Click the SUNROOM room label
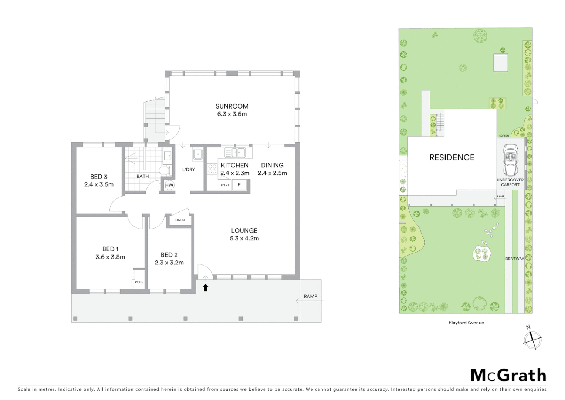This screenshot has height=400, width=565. (x=232, y=106)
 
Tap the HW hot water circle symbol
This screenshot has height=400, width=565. (x=169, y=185)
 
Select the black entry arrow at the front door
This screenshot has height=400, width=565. (x=206, y=287)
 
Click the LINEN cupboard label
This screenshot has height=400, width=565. (x=180, y=220)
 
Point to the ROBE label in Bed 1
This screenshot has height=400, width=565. (x=139, y=282)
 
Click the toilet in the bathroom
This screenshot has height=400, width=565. (x=165, y=170)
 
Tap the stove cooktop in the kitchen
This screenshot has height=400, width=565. (x=212, y=169)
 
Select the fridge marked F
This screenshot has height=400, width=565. (x=239, y=185)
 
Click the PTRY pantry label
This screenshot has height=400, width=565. (x=225, y=185)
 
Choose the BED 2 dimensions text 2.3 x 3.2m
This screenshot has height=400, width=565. (x=169, y=263)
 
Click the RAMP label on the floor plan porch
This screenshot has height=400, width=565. (x=310, y=296)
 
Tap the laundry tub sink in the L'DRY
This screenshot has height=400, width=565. (x=197, y=154)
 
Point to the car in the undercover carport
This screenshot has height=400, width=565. (x=510, y=160)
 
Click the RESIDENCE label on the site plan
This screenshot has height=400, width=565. (x=451, y=157)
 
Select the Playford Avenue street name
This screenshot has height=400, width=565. (x=466, y=323)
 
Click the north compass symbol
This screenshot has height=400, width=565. (x=532, y=339)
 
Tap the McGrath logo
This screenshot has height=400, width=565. (x=508, y=375)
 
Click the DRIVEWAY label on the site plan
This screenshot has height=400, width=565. (x=514, y=259)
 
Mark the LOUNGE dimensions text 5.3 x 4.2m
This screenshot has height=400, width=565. (x=244, y=239)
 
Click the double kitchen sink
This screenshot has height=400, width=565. (x=235, y=152)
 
